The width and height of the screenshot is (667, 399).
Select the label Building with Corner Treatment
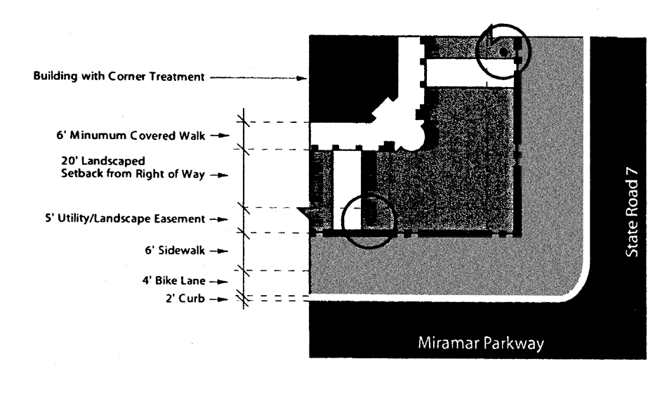pyautogui.click(x=119, y=77)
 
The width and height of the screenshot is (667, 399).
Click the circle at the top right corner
pyautogui.click(x=503, y=48)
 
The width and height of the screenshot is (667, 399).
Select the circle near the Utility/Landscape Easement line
pyautogui.click(x=368, y=220)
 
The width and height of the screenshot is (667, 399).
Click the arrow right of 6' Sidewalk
pyautogui.click(x=224, y=251)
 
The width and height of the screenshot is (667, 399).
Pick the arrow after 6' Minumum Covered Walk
pyautogui.click(x=224, y=136)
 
